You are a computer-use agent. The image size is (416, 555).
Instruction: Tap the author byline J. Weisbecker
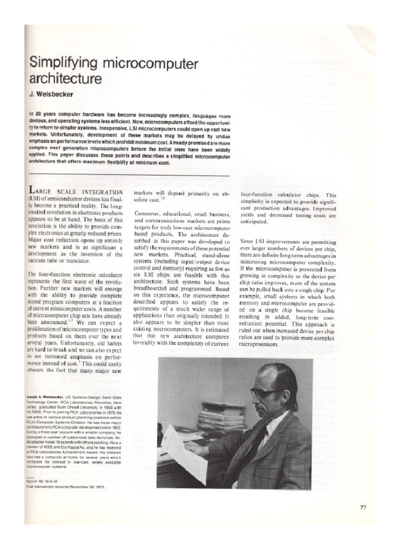52,94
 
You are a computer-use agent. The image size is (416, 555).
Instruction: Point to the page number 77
363,507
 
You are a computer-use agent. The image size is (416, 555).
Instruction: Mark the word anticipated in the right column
260,222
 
